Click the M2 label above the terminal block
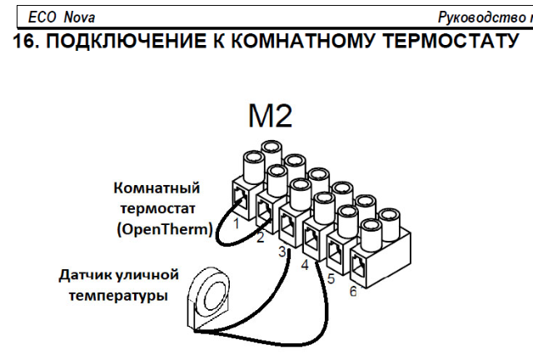[270, 115]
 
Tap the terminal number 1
[237, 222]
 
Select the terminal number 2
[260, 238]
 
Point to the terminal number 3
[282, 251]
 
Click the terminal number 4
[306, 265]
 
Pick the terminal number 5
[330, 278]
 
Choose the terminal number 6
[353, 292]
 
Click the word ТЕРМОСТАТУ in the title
[441, 38]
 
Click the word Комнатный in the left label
[157, 188]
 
